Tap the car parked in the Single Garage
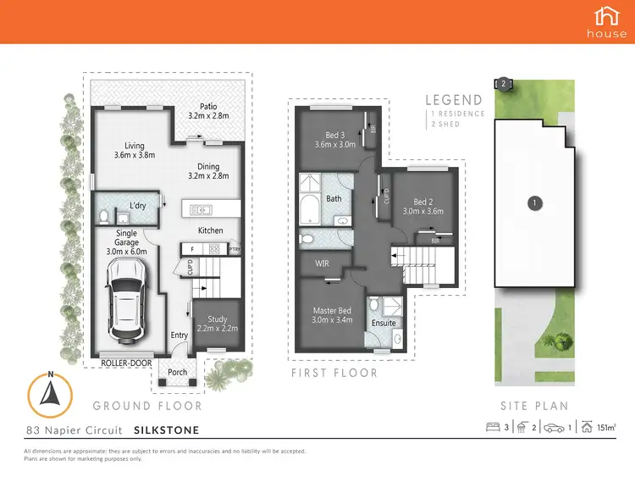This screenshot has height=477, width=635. coord(124,297)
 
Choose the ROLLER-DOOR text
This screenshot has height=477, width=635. coord(127,363)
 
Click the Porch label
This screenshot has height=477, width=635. coord(178,372)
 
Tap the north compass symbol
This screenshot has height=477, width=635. coord(52,393)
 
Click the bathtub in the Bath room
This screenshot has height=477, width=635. coord(308,206)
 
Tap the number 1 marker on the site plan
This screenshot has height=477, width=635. coord(534,202)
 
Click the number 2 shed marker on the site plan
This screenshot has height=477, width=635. coord(503,83)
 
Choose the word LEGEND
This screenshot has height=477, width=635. coord(454,100)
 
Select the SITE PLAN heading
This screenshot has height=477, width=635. coord(533,406)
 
